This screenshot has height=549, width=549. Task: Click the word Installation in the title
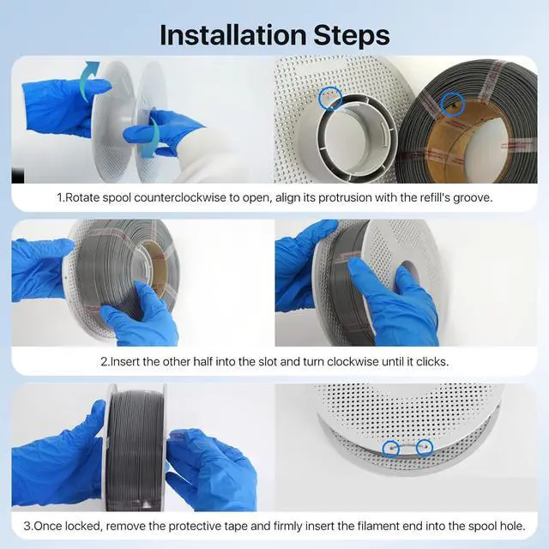[x=232, y=35]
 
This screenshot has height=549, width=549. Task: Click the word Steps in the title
[x=352, y=35]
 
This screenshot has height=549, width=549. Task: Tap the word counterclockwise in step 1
[x=180, y=198]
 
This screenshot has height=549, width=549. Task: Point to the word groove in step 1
[x=472, y=198]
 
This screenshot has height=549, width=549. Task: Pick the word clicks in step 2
[x=431, y=362]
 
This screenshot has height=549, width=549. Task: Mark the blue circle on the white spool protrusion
[x=330, y=98]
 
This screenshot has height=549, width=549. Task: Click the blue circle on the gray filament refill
[x=453, y=104]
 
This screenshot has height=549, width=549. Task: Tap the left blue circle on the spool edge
[x=391, y=448]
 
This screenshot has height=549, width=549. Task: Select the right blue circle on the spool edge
[x=425, y=448]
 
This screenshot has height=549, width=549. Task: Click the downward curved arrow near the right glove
[x=153, y=136]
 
